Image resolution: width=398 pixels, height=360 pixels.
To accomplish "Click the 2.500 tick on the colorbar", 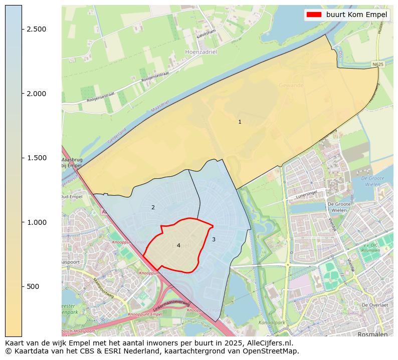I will (37, 29).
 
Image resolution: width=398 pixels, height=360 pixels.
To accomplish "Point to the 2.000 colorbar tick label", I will (37, 94).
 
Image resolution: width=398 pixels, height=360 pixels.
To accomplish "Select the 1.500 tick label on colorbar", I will (37, 158).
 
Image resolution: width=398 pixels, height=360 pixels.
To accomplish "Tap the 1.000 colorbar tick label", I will (37, 222).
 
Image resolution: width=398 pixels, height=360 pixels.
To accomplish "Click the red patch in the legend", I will (314, 15).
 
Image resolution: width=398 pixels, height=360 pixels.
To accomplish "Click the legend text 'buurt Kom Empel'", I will (356, 15).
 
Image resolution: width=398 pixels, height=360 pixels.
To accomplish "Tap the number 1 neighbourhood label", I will (240, 122).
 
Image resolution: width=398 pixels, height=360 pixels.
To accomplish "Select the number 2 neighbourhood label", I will (153, 207).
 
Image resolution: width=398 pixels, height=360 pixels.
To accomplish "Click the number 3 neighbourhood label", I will (214, 239).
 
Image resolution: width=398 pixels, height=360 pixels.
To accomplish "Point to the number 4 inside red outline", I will (178, 245).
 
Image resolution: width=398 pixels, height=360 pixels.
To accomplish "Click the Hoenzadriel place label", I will (201, 52).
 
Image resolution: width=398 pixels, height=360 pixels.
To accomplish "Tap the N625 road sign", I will (378, 65).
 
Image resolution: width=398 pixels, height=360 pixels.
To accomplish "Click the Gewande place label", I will (291, 86).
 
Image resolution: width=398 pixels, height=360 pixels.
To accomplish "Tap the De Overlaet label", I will (375, 305).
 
